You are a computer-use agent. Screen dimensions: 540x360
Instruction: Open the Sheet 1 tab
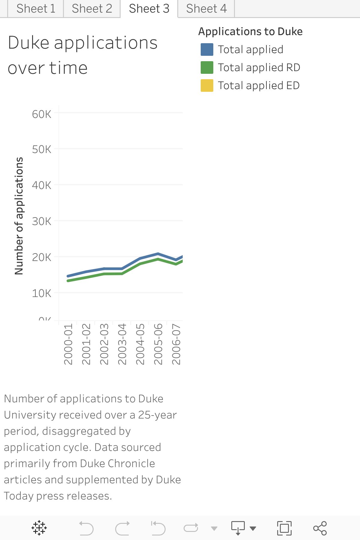tap(36, 9)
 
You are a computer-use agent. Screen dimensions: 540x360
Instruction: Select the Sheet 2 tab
tap(92, 9)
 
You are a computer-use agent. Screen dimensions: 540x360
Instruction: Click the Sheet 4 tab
tap(206, 9)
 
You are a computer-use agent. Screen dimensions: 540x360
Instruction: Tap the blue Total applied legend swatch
tap(207, 49)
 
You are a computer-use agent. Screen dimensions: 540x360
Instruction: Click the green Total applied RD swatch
tap(207, 67)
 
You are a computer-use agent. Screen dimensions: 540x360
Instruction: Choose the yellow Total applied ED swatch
tap(207, 85)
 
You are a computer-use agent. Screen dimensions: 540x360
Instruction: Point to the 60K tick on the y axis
tap(42, 114)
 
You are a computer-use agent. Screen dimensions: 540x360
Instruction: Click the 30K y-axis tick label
tap(42, 221)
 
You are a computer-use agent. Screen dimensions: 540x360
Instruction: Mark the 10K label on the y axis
tap(42, 293)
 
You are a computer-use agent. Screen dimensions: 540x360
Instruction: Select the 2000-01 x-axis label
tap(68, 344)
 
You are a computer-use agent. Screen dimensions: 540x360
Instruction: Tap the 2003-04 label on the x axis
tap(122, 344)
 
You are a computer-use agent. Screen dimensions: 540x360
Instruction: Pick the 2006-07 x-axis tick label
tap(176, 344)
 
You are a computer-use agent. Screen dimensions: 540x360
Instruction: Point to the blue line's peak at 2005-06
tap(158, 254)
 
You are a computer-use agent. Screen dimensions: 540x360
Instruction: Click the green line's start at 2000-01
tap(68, 281)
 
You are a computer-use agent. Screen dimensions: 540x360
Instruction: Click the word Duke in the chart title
tap(28, 43)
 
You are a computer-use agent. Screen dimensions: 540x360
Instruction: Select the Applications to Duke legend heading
tap(250, 31)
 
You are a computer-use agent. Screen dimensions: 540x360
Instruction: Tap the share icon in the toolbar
tap(320, 528)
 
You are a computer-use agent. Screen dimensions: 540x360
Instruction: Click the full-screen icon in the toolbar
tap(284, 528)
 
